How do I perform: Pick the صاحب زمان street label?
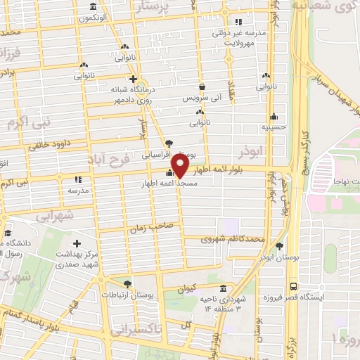[x=146, y=229]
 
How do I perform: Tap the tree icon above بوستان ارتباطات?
[x=127, y=284]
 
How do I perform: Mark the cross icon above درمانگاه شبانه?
[x=132, y=79]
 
